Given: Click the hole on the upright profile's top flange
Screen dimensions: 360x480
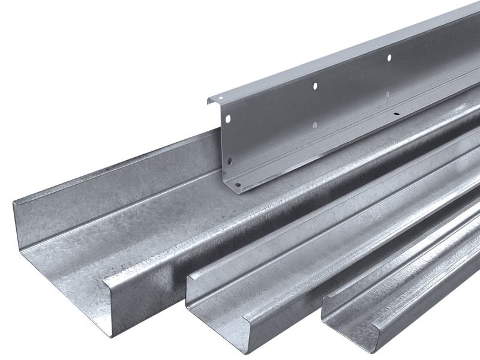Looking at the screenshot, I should tap(221, 98).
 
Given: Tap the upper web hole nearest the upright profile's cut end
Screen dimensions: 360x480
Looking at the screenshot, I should tap(228, 119).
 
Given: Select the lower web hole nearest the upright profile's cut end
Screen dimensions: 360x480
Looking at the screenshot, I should tap(230, 161).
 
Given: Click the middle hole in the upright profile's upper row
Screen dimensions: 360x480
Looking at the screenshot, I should tap(315, 86).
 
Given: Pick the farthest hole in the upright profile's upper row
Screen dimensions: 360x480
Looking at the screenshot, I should tap(389, 58).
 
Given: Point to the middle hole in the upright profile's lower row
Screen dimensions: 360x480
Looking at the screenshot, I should tap(314, 125).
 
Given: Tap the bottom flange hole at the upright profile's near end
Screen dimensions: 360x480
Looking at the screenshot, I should tap(238, 185).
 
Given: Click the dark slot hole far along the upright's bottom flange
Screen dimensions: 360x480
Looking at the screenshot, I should tap(396, 113).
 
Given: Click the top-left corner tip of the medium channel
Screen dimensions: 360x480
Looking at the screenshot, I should tap(187, 277).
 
